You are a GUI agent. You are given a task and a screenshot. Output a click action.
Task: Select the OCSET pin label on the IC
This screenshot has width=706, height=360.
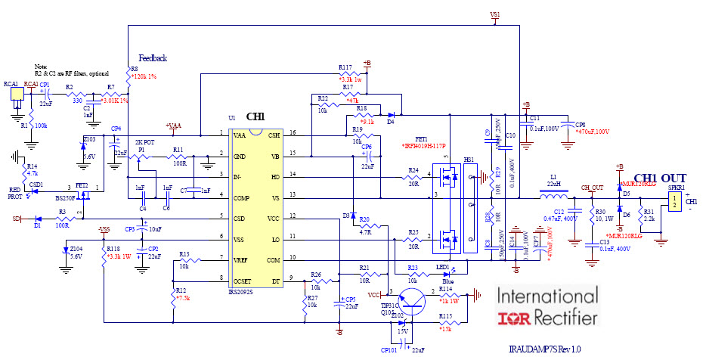[x=243, y=281]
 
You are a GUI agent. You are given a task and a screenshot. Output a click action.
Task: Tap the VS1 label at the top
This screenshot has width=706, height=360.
[x=495, y=14]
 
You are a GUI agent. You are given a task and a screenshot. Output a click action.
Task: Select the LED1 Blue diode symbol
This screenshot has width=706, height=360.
[x=446, y=274]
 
